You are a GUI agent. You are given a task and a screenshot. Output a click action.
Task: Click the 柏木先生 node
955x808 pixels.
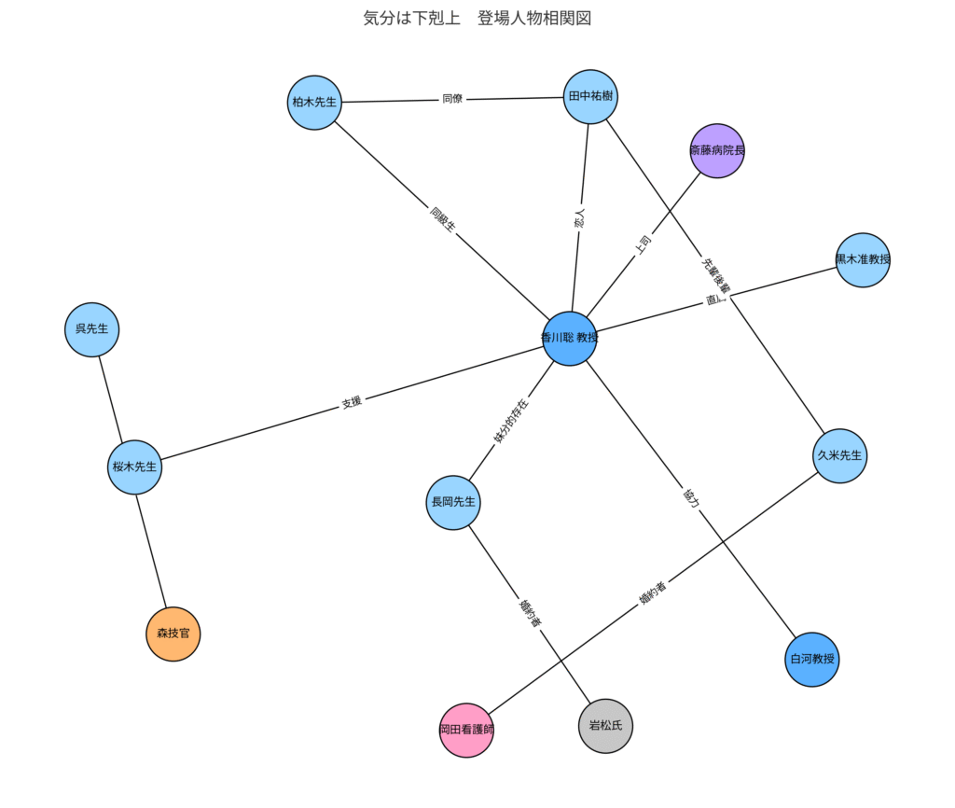coord(314,103)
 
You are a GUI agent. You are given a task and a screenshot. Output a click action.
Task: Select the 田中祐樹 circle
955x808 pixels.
coord(591,95)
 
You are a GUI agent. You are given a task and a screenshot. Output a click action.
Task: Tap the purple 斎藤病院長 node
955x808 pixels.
coord(717,150)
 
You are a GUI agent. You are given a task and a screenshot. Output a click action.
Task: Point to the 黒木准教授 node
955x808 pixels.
coord(863,259)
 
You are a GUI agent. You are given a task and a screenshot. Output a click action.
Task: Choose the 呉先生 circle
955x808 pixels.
coord(92,329)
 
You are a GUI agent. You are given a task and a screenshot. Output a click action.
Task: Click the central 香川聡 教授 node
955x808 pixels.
coord(569,338)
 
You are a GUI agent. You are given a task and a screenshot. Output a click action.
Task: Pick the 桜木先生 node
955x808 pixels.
coord(135,467)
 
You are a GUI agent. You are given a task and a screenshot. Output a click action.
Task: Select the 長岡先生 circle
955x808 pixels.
coord(453,503)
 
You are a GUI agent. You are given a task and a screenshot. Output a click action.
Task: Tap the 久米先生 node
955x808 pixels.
coord(840,456)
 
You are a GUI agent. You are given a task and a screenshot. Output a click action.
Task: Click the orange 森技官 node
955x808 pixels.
coord(173,634)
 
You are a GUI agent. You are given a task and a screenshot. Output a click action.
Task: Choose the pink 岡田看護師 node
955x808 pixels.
coord(466,730)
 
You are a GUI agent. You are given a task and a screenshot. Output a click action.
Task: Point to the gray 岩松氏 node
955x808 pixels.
coord(605,725)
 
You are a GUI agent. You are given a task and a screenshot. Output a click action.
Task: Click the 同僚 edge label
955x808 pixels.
coord(452,99)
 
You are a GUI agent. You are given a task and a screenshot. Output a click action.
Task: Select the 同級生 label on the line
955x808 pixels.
coord(442,220)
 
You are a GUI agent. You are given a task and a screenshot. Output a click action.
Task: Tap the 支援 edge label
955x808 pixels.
coord(352,403)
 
